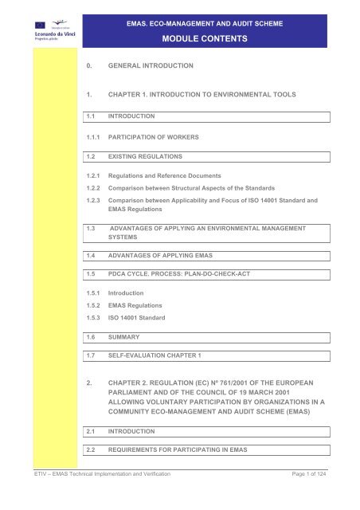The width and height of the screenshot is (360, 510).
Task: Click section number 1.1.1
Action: [x=96, y=137]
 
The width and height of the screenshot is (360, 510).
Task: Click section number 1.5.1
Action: [x=96, y=317]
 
